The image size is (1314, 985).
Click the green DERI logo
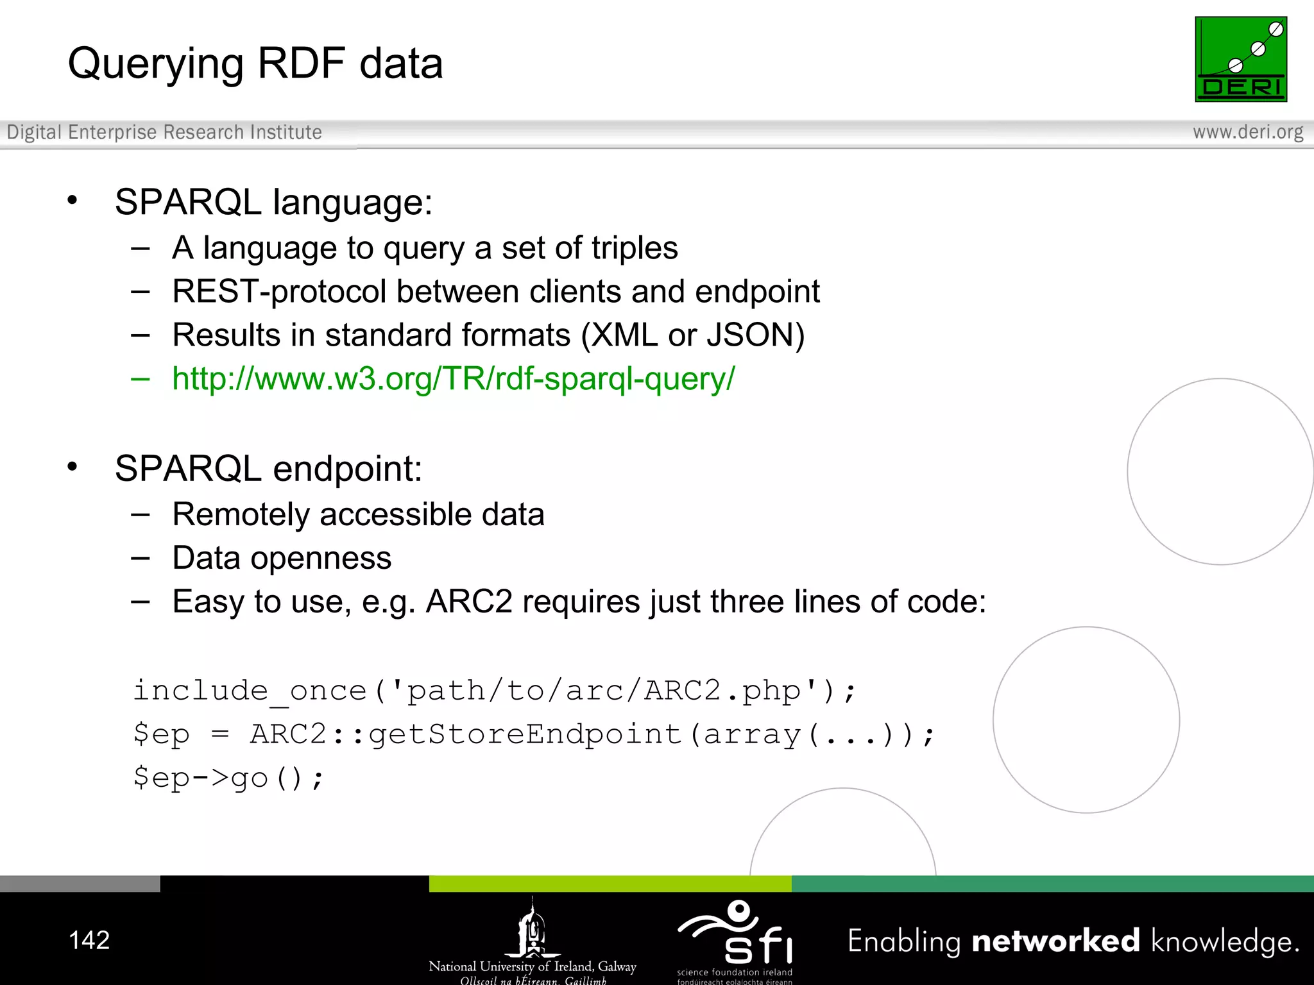point(1240,59)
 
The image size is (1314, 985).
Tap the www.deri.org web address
point(1247,132)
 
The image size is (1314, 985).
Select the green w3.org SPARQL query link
point(453,378)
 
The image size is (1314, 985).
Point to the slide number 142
point(89,940)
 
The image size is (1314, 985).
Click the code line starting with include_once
point(494,691)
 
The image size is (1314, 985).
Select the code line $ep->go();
point(228,778)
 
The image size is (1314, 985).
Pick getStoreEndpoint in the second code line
point(524,734)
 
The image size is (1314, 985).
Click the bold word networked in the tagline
point(1055,941)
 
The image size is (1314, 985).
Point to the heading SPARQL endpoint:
point(268,469)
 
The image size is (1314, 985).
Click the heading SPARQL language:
point(273,202)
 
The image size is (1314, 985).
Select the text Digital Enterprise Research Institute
point(164,132)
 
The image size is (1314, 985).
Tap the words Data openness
point(282,558)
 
